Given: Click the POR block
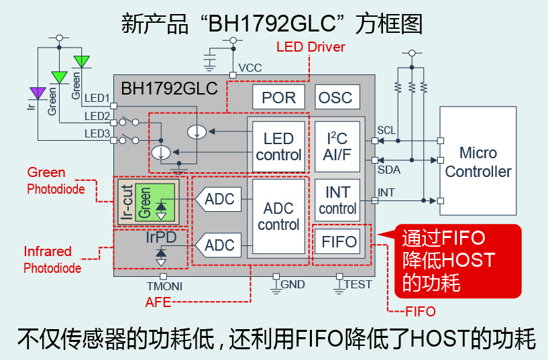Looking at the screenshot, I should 278,97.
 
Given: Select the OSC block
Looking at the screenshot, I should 335,97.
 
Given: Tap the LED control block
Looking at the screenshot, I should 278,147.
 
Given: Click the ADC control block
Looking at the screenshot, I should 278,217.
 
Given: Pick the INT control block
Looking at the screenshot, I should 337,200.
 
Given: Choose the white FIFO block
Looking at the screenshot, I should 337,241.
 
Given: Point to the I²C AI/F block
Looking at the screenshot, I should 337,147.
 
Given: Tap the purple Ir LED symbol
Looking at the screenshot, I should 38,92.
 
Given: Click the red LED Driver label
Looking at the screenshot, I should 311,47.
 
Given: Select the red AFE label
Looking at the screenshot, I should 158,302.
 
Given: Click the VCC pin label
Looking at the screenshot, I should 250,68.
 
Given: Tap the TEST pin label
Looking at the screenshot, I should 358,284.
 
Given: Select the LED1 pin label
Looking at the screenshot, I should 97,99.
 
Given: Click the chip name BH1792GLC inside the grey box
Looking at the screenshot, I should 159,88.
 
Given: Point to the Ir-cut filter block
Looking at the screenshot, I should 125,200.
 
